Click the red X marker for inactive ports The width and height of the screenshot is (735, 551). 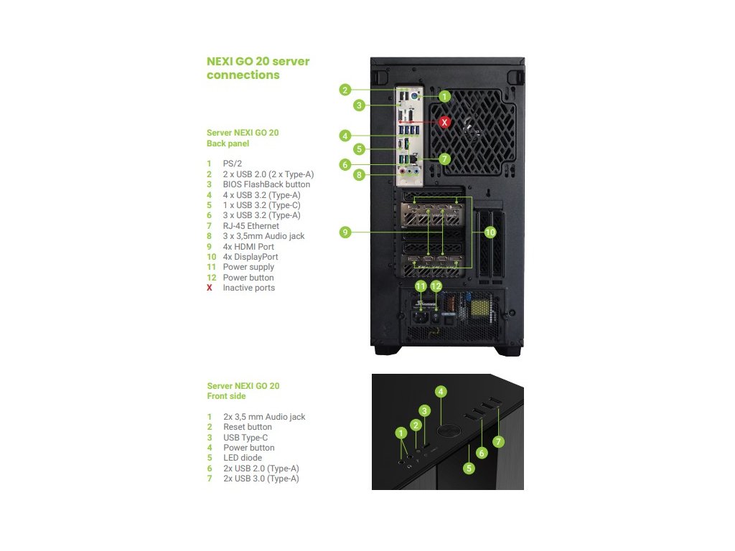coord(444,122)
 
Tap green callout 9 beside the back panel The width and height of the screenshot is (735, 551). coord(345,232)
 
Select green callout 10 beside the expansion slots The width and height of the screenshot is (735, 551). coord(490,232)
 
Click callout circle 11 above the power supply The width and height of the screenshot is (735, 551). coord(421,286)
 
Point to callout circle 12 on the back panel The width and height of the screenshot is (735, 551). coord(436,286)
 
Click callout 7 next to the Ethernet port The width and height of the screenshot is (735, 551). coord(444,158)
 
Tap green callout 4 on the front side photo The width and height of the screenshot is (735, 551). coord(441,392)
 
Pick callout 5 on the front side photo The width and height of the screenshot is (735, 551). coord(469,468)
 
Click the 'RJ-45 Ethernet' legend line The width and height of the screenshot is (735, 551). coord(251,225)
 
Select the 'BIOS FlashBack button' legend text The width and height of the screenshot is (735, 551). coord(266,184)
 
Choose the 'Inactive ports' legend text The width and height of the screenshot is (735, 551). coord(248,288)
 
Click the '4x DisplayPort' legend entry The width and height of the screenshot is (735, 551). coord(250,256)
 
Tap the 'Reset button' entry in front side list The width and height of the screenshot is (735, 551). coord(247,427)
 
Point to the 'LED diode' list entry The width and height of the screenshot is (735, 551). coord(243,458)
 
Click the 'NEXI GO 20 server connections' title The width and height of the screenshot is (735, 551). coord(258,67)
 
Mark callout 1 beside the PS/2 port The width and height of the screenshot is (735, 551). coord(444,95)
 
